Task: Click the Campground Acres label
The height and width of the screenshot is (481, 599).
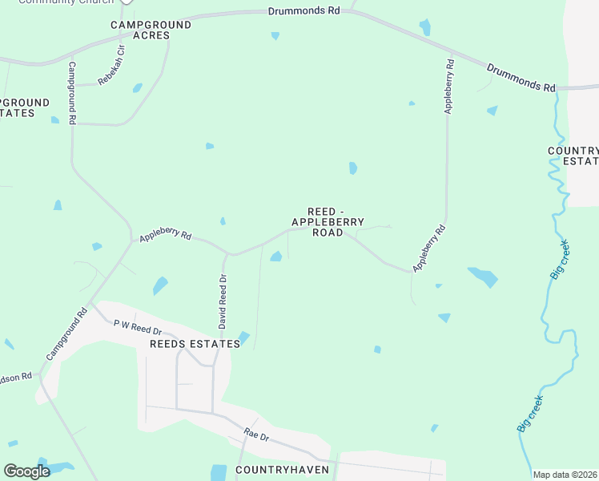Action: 151,30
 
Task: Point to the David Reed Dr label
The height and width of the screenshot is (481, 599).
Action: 223,301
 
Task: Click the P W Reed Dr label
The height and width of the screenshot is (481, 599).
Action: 138,326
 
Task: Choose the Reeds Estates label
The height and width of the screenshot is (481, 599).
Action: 195,344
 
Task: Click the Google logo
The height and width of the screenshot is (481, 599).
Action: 26,471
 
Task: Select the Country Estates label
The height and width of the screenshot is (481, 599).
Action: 573,156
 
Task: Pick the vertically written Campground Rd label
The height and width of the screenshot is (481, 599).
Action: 72,93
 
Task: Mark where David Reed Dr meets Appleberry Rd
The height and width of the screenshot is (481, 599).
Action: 230,254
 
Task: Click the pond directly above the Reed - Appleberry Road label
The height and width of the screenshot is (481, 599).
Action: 353,168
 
